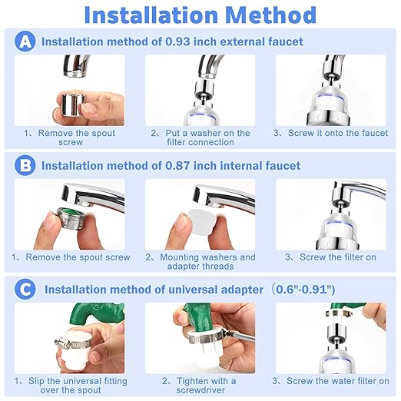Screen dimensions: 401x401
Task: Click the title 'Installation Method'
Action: click(x=200, y=15)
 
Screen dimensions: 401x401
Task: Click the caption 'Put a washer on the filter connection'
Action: click(x=200, y=138)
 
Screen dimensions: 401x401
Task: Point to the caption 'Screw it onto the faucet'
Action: click(x=332, y=134)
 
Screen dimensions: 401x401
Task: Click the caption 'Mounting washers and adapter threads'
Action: click(x=200, y=262)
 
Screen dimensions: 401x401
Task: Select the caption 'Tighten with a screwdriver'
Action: click(x=200, y=386)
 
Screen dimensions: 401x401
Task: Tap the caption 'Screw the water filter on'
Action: click(x=332, y=381)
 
